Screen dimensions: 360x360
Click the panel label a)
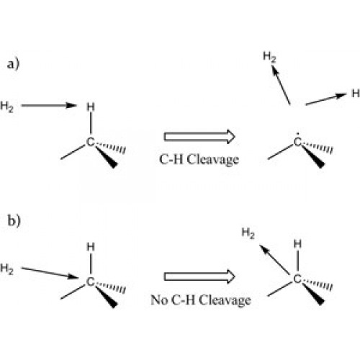(x=13, y=64)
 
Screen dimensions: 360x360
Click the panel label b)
(x=14, y=220)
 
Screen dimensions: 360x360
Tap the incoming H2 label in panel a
(x=6, y=107)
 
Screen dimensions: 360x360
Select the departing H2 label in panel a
(x=269, y=57)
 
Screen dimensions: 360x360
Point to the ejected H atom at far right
(x=356, y=94)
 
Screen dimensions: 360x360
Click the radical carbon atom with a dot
(x=297, y=142)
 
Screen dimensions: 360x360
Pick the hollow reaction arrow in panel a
(x=199, y=137)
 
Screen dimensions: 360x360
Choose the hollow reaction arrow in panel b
(x=199, y=276)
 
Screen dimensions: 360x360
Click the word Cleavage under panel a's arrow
(x=213, y=160)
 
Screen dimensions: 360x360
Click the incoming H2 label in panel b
(x=6, y=269)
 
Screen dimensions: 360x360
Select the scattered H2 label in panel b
(x=248, y=233)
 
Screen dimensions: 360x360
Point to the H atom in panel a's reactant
(x=91, y=107)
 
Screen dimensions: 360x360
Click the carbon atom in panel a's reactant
(x=90, y=142)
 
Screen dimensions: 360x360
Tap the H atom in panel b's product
(x=297, y=244)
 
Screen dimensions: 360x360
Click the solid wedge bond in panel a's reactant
(x=107, y=157)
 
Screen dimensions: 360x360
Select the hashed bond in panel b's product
(x=318, y=284)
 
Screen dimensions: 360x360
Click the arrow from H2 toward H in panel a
(x=49, y=105)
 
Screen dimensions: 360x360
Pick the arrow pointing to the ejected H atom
(x=326, y=99)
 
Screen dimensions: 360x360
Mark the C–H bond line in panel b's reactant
(x=91, y=263)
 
